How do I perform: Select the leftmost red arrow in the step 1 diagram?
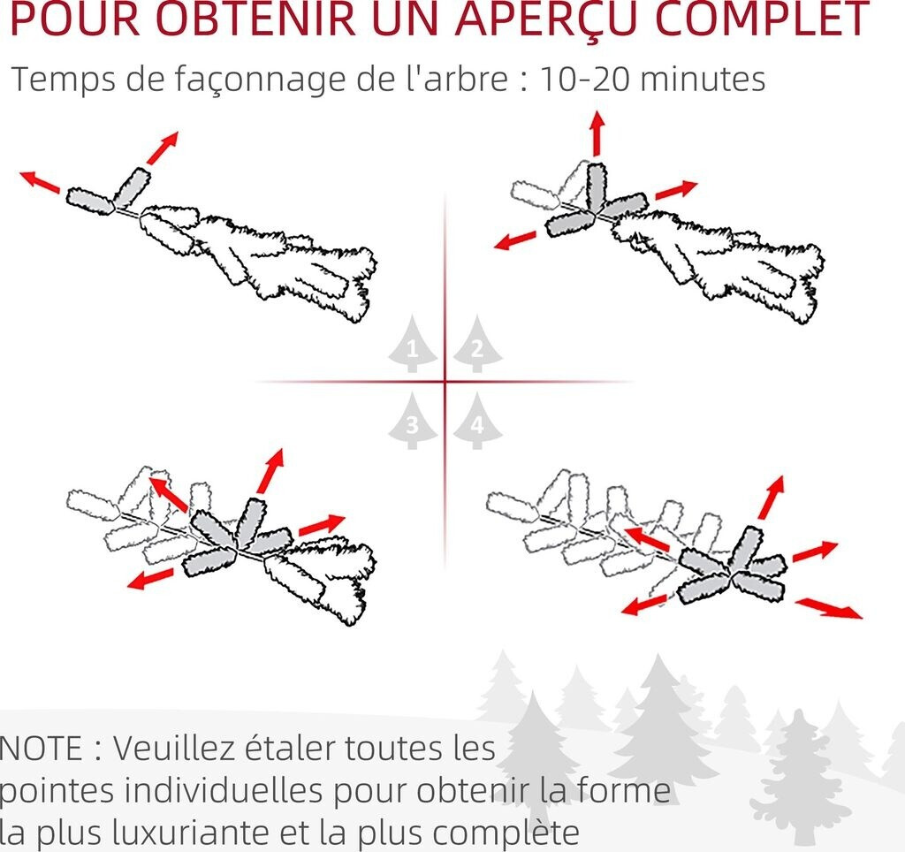pos(41,181)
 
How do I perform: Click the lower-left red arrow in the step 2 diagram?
pos(515,240)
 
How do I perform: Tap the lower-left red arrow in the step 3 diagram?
pos(150,579)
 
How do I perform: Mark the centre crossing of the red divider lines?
pos(445,382)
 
